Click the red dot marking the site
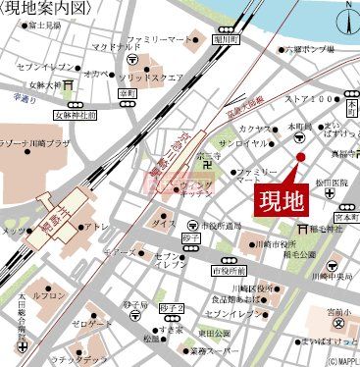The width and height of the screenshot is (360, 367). [301, 157]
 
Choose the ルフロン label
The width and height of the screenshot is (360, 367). [50, 294]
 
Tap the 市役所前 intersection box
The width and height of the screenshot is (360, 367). [227, 269]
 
